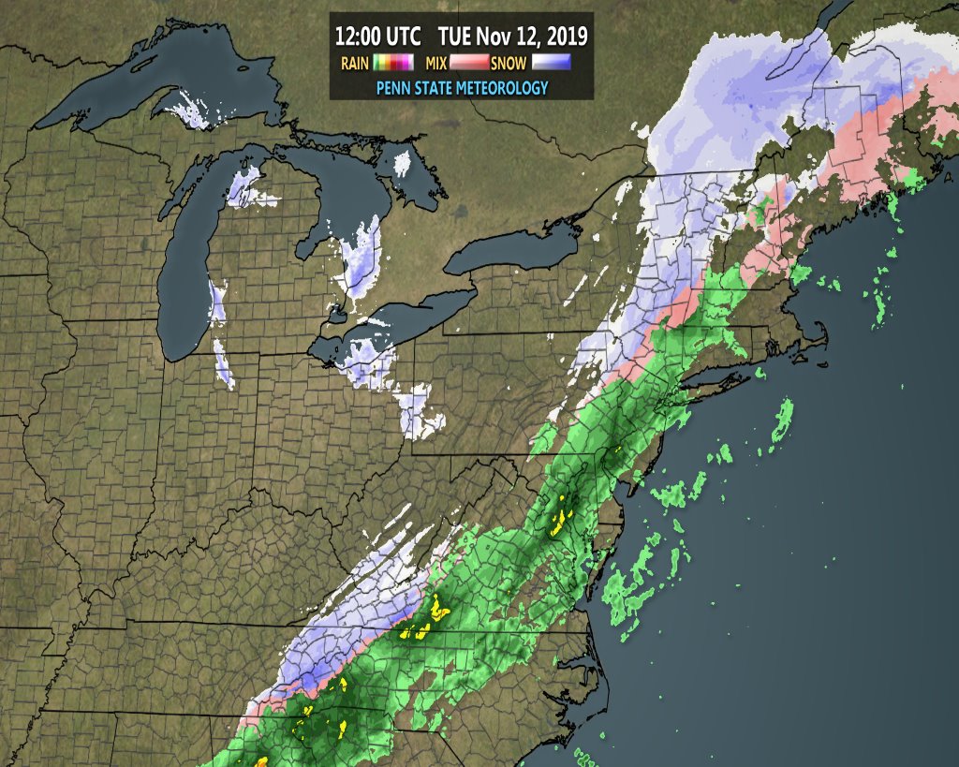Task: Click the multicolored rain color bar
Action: pyautogui.click(x=393, y=64)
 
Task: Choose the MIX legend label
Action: pyautogui.click(x=436, y=64)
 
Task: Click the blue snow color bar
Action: pyautogui.click(x=552, y=64)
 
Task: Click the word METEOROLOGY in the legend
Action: pyautogui.click(x=497, y=87)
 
